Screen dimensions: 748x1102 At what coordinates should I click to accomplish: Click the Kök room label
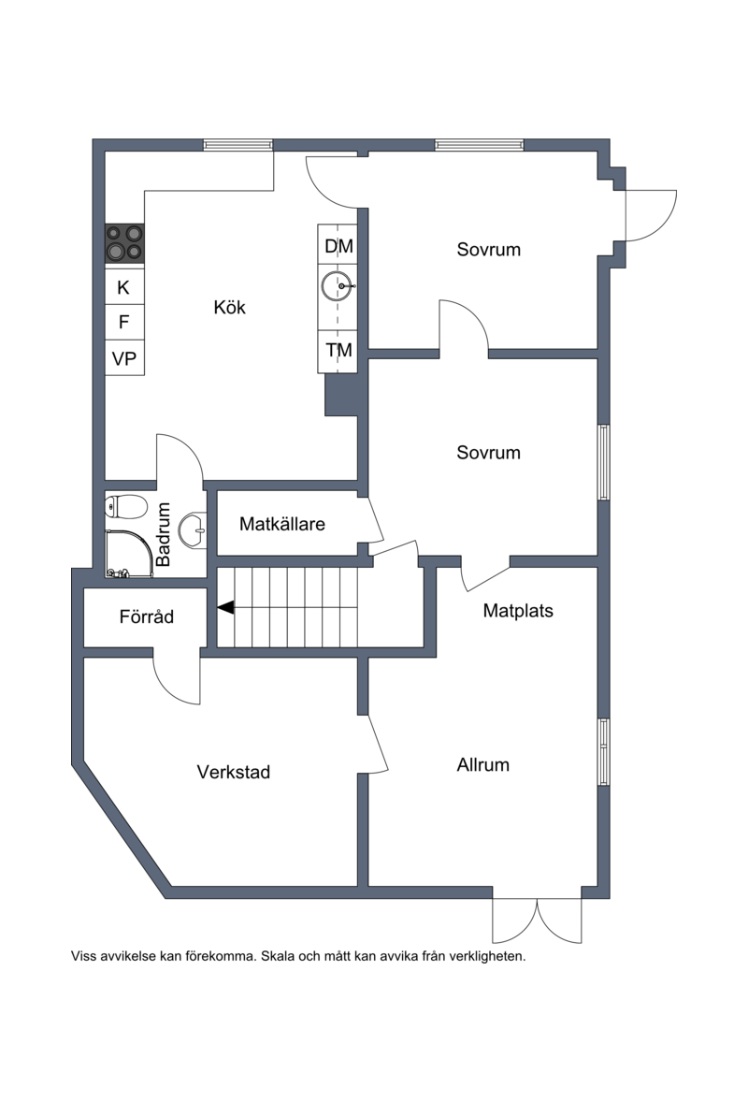230,307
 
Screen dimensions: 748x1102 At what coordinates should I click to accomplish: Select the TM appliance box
338,351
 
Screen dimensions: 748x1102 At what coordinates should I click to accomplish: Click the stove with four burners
124,243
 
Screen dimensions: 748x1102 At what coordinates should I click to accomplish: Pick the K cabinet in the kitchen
124,287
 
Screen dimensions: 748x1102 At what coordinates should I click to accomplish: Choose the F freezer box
124,322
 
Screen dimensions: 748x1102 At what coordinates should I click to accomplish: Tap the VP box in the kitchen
124,358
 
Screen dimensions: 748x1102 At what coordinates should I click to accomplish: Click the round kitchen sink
338,286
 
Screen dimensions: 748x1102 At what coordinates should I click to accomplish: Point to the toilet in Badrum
125,505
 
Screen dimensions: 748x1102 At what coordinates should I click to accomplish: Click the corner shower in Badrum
128,554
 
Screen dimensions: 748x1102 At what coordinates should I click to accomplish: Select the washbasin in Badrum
193,530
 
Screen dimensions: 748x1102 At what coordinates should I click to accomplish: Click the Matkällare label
282,524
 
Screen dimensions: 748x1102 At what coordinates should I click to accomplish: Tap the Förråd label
146,616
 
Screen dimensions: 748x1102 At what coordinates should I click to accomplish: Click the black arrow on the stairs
225,607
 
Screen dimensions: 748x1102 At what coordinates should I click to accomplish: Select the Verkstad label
233,772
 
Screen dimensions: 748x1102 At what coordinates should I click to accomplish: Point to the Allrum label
483,764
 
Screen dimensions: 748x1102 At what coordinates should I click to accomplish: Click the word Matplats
518,611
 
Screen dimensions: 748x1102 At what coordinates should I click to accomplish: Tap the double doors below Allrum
538,920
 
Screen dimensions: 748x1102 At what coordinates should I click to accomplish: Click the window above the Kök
238,145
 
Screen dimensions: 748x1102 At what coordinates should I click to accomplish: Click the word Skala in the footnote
278,956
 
